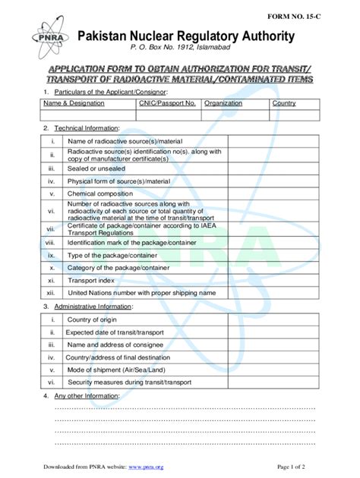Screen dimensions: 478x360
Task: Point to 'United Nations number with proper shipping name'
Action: click(142, 292)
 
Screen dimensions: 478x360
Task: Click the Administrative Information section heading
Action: click(92, 307)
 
